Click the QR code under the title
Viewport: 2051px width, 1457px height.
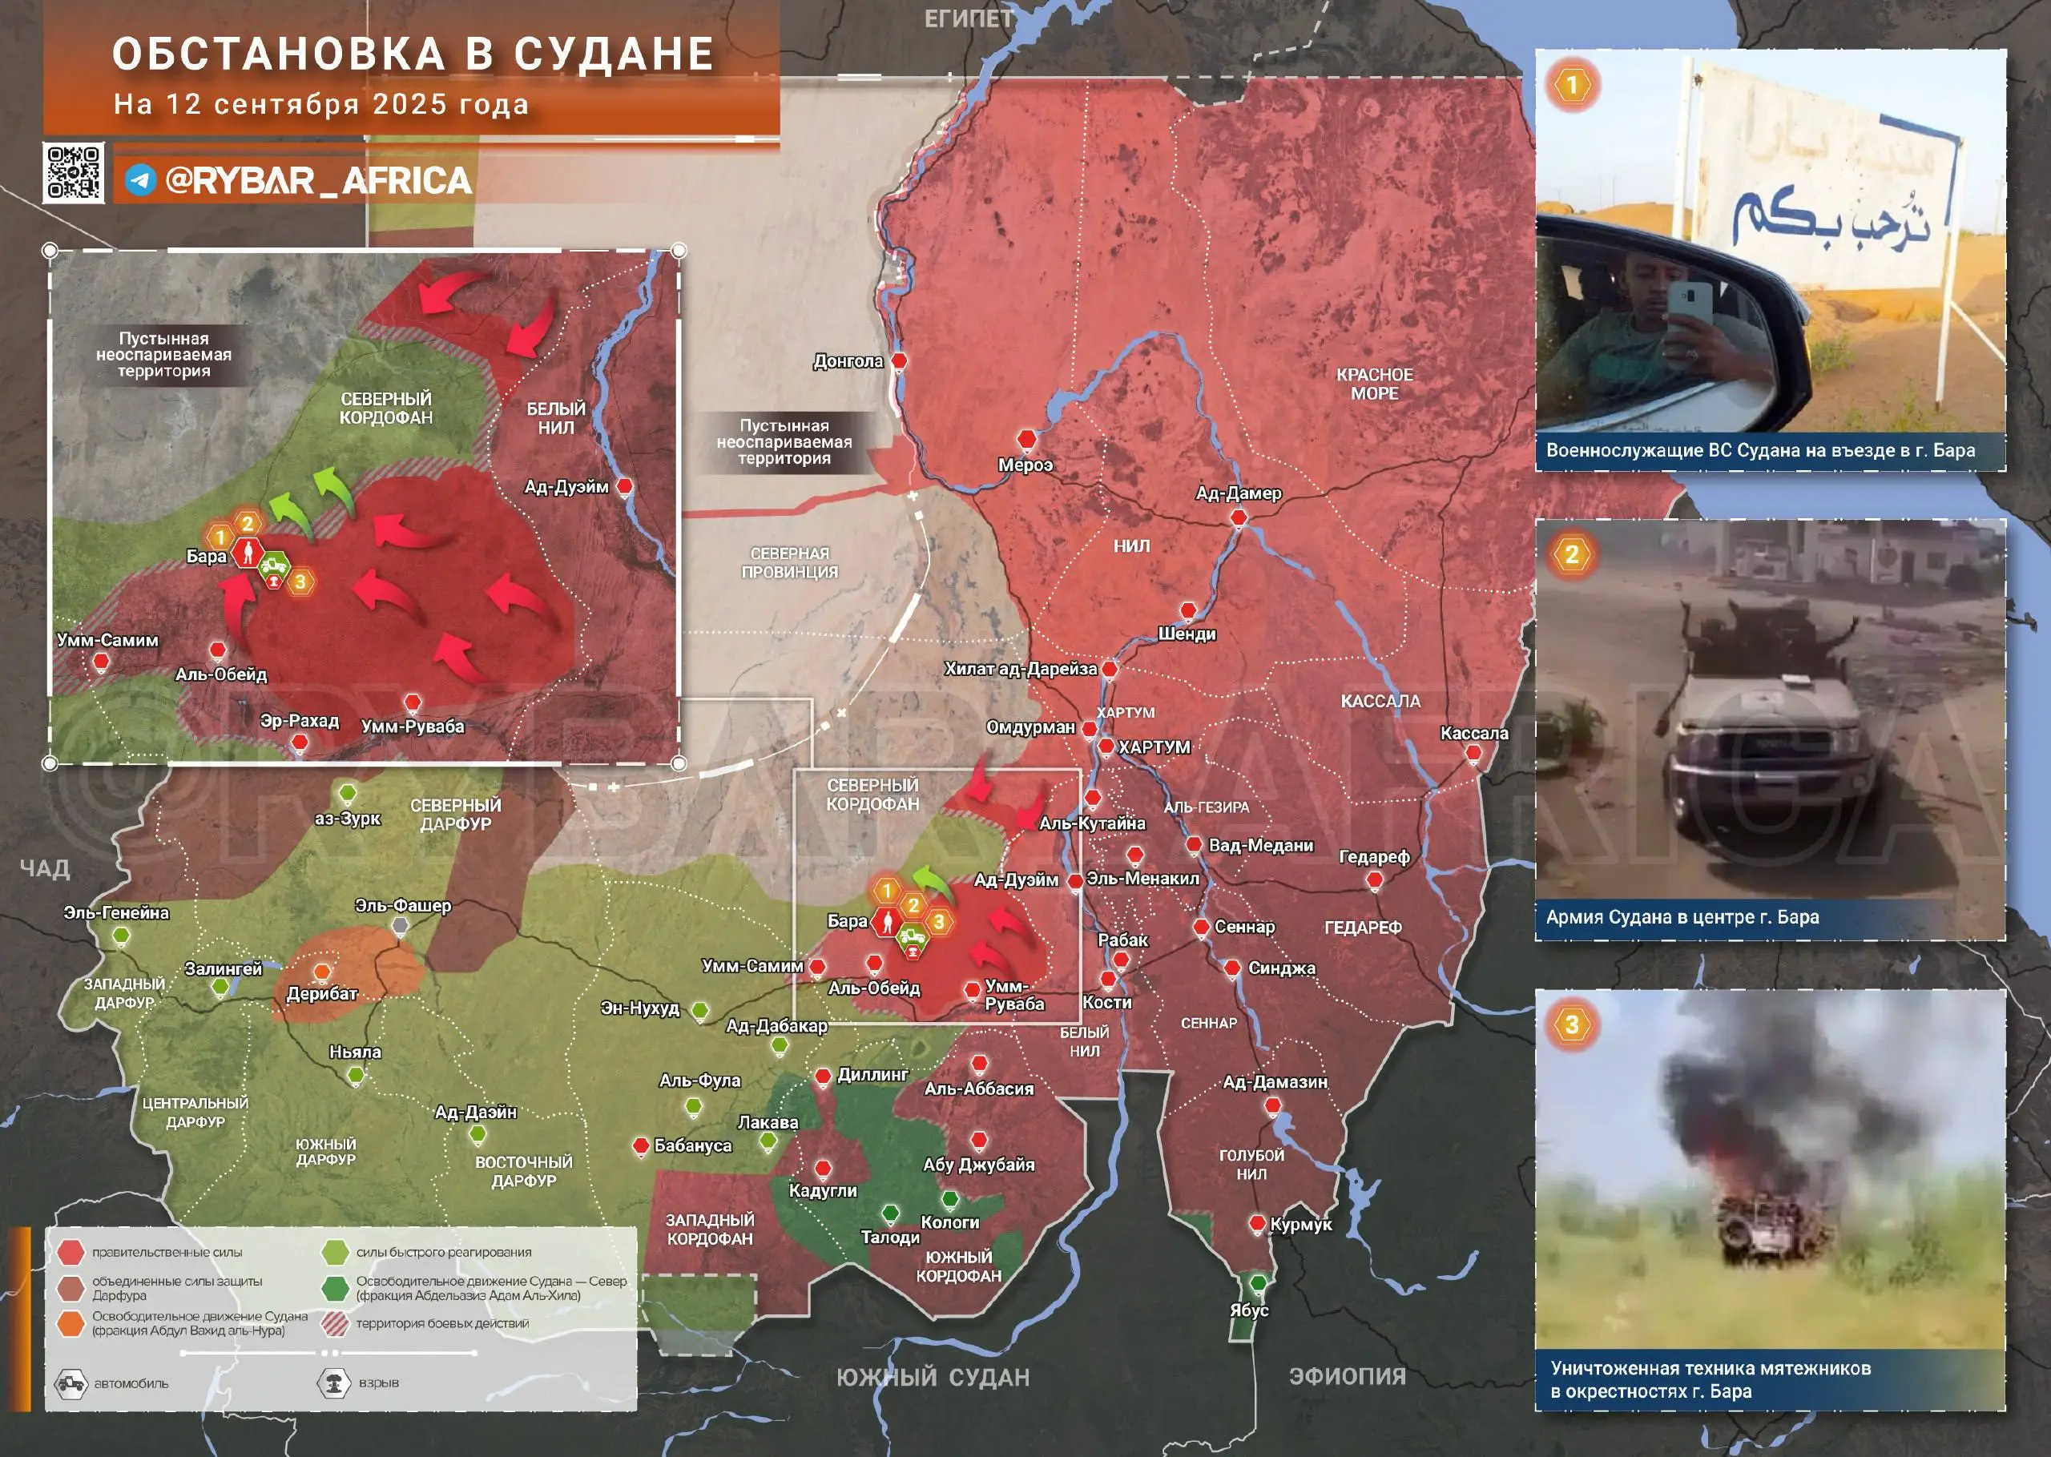click(x=74, y=172)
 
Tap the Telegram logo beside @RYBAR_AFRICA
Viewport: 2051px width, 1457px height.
click(x=140, y=180)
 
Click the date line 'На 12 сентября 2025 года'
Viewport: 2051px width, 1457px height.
click(x=321, y=104)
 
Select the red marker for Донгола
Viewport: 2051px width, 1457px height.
click(x=898, y=360)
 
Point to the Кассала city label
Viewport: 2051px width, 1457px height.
click(x=1473, y=733)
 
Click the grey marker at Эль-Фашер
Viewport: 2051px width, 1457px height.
click(x=401, y=925)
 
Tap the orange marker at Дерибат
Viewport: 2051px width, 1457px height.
click(x=322, y=972)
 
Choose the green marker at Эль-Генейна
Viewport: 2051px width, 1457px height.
click(x=121, y=936)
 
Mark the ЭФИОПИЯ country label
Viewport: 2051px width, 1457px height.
click(x=1347, y=1376)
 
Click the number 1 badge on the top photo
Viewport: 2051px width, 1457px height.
click(x=1571, y=85)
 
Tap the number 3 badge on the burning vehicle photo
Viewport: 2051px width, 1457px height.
click(x=1571, y=1024)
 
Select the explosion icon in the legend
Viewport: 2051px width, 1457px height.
click(x=334, y=1383)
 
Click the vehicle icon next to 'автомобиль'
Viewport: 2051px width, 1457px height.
click(x=70, y=1383)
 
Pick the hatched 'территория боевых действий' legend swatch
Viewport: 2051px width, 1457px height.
click(x=335, y=1323)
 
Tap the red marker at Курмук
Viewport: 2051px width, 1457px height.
click(x=1258, y=1223)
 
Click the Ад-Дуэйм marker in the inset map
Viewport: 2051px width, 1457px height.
click(x=626, y=486)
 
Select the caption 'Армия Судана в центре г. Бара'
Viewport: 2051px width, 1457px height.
click(x=1682, y=917)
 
